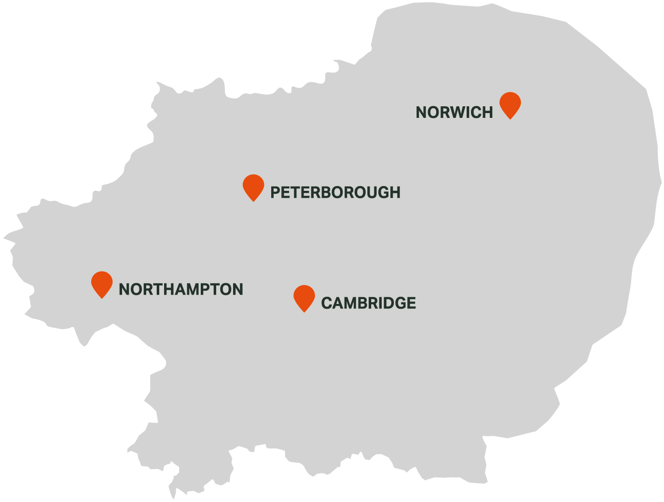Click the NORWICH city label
coord(454,113)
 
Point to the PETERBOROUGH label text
coord(335,192)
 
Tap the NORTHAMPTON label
coord(181,289)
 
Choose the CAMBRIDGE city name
coord(368,303)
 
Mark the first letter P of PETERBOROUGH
coord(275,192)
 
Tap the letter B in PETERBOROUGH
coord(319,192)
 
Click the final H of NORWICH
coord(487,113)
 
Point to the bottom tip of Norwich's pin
coord(510,118)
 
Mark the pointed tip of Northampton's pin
coord(102,298)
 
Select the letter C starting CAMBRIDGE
coord(327,303)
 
